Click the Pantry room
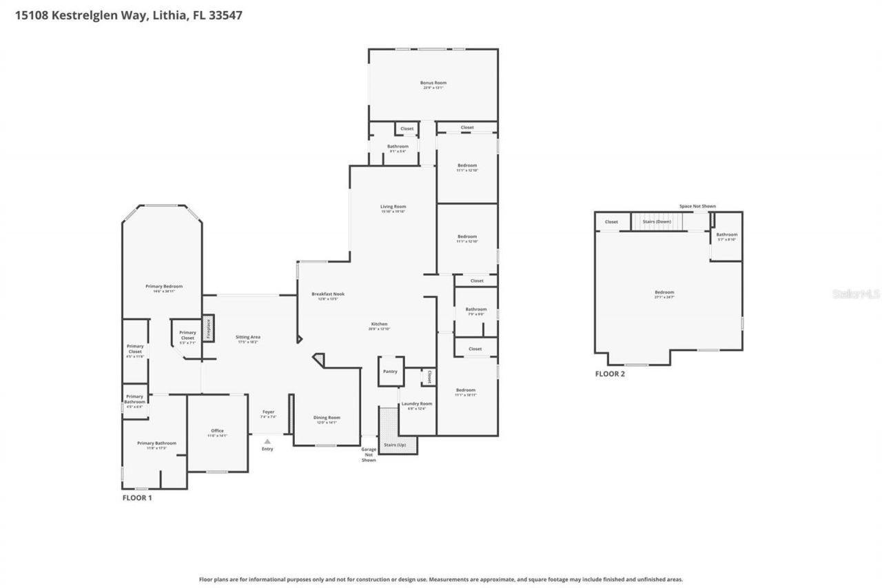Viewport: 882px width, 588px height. click(x=390, y=372)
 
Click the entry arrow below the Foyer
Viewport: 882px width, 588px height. click(x=267, y=441)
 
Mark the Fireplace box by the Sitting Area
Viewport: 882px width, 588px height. click(x=208, y=328)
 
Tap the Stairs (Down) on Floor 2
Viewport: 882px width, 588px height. click(x=656, y=221)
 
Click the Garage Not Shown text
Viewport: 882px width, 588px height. click(x=369, y=454)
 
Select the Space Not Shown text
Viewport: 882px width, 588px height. click(x=697, y=206)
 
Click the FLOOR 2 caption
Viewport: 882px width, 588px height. click(x=610, y=374)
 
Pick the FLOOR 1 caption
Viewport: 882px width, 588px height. click(x=137, y=497)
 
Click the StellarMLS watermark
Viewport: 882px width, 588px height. click(x=856, y=294)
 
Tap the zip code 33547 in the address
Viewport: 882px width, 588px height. click(x=227, y=14)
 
